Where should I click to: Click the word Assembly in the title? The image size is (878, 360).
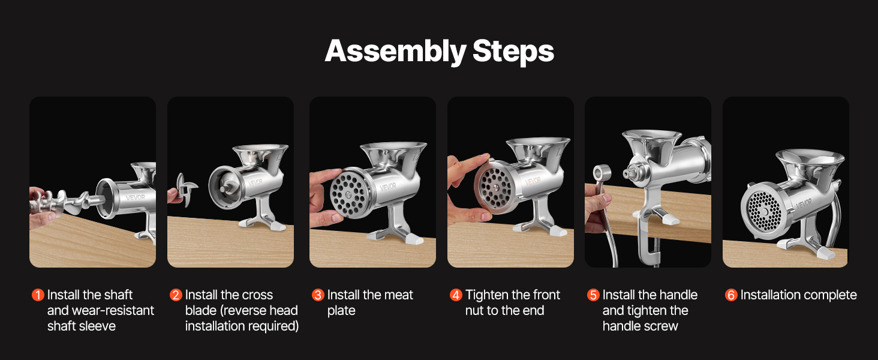tap(395, 52)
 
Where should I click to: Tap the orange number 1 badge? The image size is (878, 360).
tap(38, 295)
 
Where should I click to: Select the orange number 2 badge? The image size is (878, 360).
tap(176, 295)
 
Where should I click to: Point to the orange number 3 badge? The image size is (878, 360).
tap(318, 295)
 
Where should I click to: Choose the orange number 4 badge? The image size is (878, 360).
tap(456, 295)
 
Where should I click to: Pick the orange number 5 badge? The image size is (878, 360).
tap(593, 295)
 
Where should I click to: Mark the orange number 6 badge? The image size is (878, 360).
tap(731, 295)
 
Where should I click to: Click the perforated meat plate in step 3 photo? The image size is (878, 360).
tap(348, 193)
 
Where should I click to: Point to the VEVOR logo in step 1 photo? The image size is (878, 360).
tap(135, 197)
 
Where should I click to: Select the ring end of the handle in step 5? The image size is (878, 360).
tap(602, 173)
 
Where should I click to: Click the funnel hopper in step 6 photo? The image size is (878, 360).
tap(810, 161)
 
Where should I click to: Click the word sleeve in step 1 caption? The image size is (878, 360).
tap(97, 326)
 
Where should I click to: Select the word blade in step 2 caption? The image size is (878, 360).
tap(201, 310)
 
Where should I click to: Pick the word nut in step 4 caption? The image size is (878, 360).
tap(474, 311)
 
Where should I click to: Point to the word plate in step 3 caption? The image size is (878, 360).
tap(341, 311)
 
